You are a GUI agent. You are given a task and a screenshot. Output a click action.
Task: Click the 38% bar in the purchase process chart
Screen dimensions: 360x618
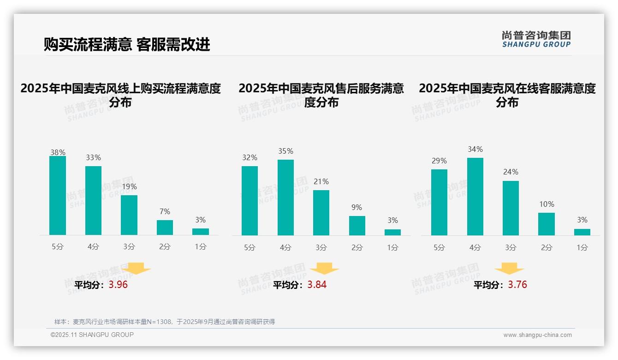58,195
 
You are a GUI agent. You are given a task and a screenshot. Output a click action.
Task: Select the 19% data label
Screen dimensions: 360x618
129,187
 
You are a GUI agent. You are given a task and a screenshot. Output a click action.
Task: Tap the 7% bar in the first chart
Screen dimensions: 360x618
165,228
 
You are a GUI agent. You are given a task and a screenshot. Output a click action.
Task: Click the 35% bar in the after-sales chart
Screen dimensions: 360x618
285,198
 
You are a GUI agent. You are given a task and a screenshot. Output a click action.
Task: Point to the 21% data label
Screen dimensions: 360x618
321,182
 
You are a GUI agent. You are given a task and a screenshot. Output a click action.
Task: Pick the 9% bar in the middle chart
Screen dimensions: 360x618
357,226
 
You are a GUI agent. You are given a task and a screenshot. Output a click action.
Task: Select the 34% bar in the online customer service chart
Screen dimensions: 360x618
475,197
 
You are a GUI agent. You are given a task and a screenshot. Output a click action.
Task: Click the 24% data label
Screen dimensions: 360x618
511,172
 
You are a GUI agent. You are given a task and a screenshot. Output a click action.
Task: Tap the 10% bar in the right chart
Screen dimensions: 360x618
547,224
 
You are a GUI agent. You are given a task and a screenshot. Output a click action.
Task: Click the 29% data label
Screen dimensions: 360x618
439,161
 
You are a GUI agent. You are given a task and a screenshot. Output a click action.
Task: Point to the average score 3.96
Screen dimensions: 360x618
118,285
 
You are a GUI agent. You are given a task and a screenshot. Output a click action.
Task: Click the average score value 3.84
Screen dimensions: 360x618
317,285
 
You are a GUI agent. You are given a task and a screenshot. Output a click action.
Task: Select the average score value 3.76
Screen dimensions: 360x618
517,285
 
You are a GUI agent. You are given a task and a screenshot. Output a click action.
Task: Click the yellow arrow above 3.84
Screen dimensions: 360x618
324,269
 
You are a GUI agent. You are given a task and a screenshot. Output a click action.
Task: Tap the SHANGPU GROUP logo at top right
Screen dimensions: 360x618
536,39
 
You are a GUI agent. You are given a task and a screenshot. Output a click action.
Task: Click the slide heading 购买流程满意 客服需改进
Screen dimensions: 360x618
127,44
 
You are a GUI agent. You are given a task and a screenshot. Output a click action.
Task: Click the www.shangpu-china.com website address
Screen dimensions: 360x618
537,335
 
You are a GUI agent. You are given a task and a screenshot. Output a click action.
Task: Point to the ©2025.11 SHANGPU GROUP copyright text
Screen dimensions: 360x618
92,335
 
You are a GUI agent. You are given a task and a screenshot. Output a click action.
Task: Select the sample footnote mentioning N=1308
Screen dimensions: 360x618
165,322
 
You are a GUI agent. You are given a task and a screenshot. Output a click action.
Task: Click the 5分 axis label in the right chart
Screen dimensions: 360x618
439,248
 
